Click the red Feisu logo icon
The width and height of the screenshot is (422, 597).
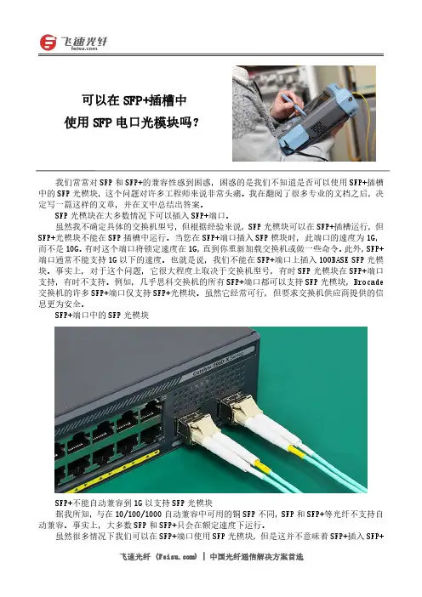48,43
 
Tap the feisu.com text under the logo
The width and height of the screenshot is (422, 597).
84,48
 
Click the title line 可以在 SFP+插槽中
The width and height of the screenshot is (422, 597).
134,100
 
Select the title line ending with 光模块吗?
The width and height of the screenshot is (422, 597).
131,122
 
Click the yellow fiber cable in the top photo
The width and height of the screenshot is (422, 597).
365,122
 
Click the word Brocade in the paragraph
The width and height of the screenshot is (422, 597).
368,282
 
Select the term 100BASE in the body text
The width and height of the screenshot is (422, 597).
334,260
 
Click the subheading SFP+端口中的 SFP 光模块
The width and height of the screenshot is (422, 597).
102,316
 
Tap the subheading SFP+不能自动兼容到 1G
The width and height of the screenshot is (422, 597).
134,503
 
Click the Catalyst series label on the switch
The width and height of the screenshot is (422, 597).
219,361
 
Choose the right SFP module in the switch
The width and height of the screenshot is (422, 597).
239,410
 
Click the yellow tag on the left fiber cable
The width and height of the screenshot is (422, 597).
263,467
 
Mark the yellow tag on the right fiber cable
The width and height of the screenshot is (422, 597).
295,451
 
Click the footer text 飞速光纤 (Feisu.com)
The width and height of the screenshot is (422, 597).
158,557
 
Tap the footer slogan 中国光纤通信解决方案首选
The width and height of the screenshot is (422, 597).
256,557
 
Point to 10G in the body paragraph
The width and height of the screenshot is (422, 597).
72,249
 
